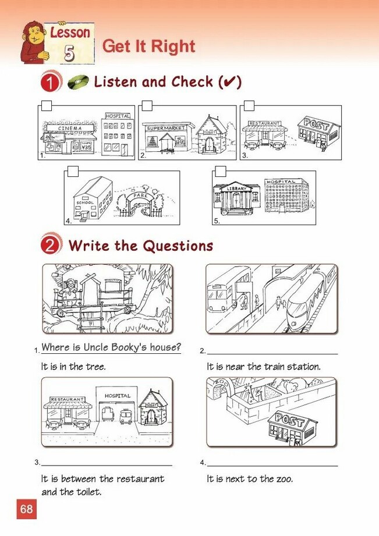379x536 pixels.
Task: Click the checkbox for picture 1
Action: coord(47,105)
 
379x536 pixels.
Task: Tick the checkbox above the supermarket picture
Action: coord(147,105)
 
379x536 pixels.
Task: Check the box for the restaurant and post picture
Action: coord(249,105)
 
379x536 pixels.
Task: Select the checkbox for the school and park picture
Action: coord(73,171)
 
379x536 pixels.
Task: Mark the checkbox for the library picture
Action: coord(221,171)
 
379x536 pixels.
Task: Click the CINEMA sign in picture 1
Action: coord(70,128)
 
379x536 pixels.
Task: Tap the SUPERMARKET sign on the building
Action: coord(166,128)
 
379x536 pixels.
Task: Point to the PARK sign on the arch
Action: coord(140,195)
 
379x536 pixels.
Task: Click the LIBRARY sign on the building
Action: coord(237,189)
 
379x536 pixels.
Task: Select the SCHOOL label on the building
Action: coord(85,203)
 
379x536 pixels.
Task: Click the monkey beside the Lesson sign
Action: coord(34,42)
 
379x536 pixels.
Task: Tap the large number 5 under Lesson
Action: coord(69,53)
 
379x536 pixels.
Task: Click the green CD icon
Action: coord(79,82)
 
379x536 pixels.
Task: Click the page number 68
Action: coord(27,509)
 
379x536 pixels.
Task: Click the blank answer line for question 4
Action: coord(272,466)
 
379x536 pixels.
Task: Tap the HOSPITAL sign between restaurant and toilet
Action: coord(118,396)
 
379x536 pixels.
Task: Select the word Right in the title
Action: coord(173,47)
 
